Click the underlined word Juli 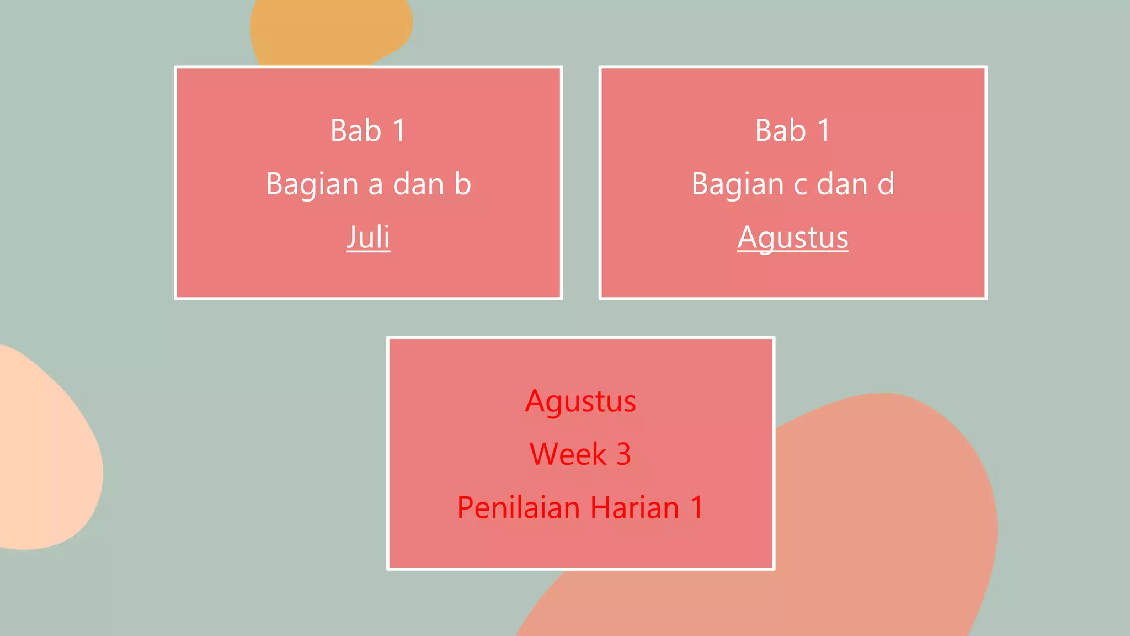tap(368, 237)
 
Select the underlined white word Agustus tap(793, 237)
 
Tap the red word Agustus tap(580, 401)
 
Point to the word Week tap(568, 454)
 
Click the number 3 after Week tap(623, 454)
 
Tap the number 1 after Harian tap(697, 507)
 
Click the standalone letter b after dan tap(462, 184)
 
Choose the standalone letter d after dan tap(886, 184)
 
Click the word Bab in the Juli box tap(356, 131)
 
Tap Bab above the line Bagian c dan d tap(781, 131)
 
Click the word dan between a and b tap(418, 184)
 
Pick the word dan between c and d tap(842, 184)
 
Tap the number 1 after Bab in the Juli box tap(399, 131)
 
